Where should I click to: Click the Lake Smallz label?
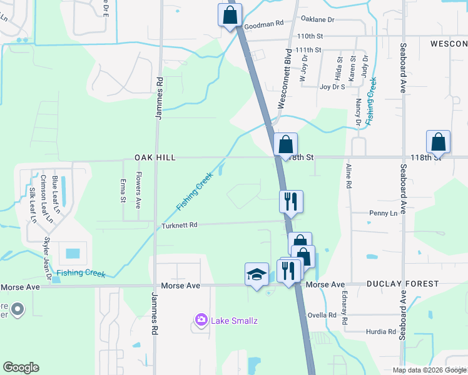234,321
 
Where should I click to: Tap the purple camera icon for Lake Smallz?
201,321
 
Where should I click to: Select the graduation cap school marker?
257,274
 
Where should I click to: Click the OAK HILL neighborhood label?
153,158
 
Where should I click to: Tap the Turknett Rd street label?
180,225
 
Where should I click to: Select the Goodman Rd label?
264,24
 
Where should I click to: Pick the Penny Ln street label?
384,213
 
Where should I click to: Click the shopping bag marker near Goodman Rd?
230,14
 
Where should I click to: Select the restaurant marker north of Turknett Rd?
291,201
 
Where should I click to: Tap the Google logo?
21,367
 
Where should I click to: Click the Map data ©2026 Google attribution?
429,370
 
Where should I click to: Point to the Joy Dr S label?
332,87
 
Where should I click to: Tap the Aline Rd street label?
348,176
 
